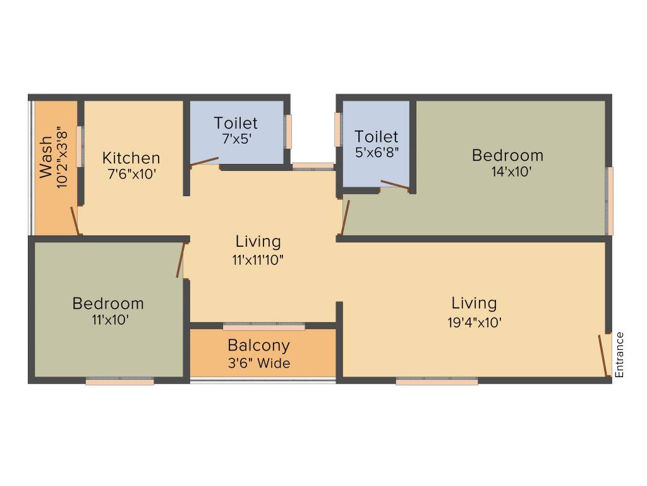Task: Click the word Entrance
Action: click(x=619, y=355)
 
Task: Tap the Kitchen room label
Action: click(x=131, y=158)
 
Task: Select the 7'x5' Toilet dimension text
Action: click(x=235, y=139)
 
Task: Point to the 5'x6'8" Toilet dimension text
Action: click(x=377, y=153)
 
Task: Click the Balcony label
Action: click(x=259, y=346)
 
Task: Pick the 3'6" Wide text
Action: click(x=259, y=363)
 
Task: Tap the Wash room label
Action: click(x=46, y=158)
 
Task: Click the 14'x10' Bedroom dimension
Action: click(x=507, y=171)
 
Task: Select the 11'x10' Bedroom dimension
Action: click(x=108, y=320)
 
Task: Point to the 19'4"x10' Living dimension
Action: click(x=475, y=322)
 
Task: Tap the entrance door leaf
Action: click(x=603, y=356)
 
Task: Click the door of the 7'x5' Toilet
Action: click(x=205, y=162)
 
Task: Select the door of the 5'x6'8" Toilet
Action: click(x=395, y=185)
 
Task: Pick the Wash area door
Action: click(x=75, y=221)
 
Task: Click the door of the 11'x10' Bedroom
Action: click(x=180, y=260)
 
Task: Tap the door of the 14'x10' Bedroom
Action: click(x=345, y=218)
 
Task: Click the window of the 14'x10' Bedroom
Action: click(x=609, y=201)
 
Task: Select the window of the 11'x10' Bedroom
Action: click(x=120, y=382)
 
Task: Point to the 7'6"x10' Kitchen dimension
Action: click(x=131, y=174)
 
